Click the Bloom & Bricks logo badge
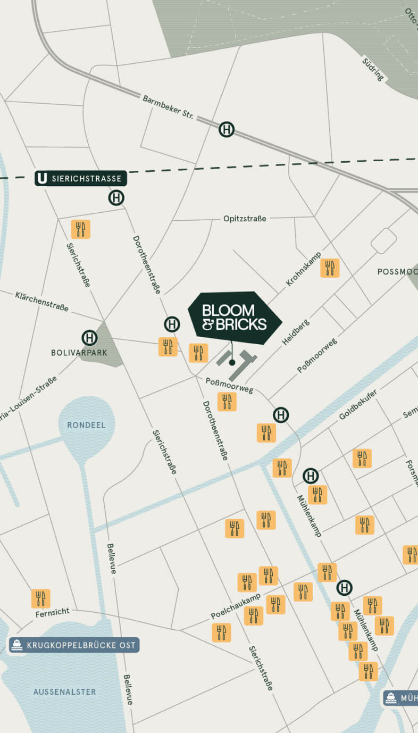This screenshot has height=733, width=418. pos(235,318)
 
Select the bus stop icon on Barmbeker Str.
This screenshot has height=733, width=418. pos(227,129)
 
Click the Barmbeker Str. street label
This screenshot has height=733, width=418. pos(168,108)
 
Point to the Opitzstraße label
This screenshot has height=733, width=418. pos(245,219)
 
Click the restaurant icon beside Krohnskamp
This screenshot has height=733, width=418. pos(330,268)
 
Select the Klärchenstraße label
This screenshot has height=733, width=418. pos(41,301)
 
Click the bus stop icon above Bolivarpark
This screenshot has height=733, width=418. pos(90,338)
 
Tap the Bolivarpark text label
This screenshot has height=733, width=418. pos(79,353)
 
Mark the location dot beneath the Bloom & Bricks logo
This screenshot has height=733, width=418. pos(232,363)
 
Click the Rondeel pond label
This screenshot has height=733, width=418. pos(86,425)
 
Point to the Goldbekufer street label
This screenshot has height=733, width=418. pos(358,405)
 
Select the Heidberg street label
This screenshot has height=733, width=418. pos(296,332)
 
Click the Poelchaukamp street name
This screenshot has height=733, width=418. pos(236,606)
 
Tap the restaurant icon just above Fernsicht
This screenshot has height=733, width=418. pos(40,598)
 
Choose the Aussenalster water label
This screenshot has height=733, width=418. pos(65,692)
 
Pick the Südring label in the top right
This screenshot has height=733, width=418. pos(373,69)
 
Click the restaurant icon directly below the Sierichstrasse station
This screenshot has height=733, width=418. pos(81,229)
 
